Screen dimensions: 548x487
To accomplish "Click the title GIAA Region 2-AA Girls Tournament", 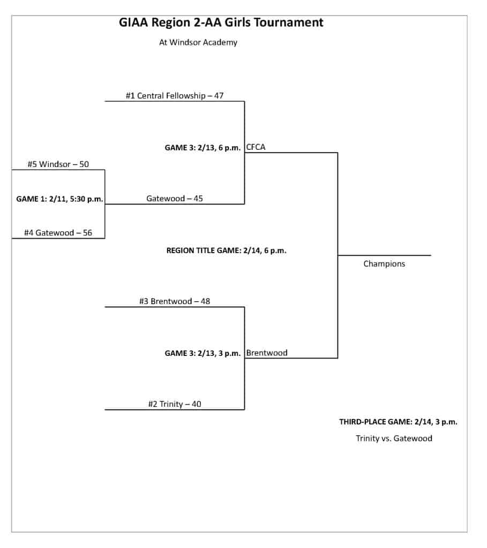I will (x=221, y=22).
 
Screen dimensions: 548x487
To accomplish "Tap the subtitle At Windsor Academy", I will (x=198, y=42).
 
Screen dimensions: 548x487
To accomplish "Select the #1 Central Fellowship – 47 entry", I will (x=174, y=96).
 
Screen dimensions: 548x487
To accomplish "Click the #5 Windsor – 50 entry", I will (x=58, y=164).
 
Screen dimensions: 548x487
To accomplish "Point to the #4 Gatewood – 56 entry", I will (x=58, y=233).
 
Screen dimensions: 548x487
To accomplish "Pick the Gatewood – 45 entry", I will (x=174, y=199).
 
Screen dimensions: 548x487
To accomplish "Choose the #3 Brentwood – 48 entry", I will (x=174, y=301).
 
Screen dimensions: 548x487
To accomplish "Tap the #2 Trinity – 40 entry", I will (x=174, y=404).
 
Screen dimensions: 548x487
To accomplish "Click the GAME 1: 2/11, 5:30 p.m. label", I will (x=59, y=199).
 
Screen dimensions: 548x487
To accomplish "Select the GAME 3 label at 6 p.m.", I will (x=203, y=148).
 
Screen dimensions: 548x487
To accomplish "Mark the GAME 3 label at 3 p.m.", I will (x=203, y=353).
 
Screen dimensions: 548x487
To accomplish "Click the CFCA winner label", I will (x=256, y=147).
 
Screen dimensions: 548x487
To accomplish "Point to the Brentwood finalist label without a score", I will (x=267, y=353).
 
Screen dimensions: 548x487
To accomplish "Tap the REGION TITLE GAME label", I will (x=226, y=250).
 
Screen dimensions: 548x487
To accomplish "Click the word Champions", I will (x=384, y=264).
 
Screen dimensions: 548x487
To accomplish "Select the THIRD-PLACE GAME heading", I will (x=398, y=422).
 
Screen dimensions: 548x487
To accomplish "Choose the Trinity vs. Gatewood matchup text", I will (x=394, y=438).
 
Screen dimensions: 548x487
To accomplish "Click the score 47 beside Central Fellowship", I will (x=219, y=96).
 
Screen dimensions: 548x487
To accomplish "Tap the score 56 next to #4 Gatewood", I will (x=87, y=233).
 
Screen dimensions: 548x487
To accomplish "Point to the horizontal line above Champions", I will (x=384, y=255).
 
